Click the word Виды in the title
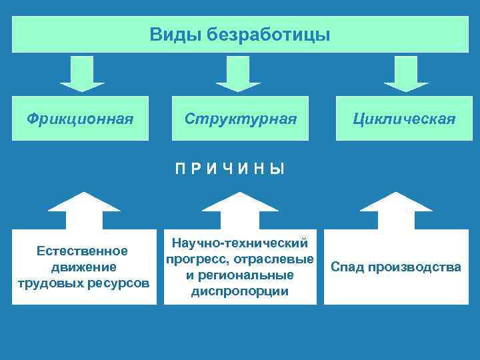[169, 33]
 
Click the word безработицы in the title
[269, 33]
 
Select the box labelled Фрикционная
[81, 119]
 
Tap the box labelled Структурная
[240, 119]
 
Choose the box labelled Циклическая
[405, 119]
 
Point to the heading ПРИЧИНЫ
[230, 169]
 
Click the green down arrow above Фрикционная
[82, 73]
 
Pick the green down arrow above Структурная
[239, 73]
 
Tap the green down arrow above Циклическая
[406, 73]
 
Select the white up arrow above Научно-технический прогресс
[239, 209]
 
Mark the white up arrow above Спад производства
[396, 209]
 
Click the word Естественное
[83, 251]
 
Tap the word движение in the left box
[83, 267]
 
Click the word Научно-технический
[239, 243]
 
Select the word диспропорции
[239, 291]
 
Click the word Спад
[347, 267]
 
